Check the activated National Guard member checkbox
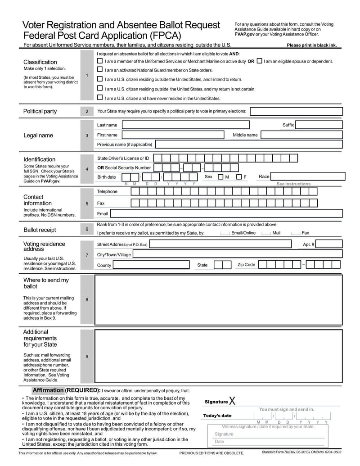point(100,70)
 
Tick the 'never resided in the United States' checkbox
point(100,98)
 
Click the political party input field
point(295,111)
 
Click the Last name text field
point(184,125)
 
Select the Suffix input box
point(319,125)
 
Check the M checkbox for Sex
point(220,177)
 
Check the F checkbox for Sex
point(239,177)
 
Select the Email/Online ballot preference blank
point(225,233)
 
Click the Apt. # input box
point(329,244)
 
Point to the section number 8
point(87,299)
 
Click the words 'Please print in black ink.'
point(311,45)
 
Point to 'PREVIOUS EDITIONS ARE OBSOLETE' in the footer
point(211,453)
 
